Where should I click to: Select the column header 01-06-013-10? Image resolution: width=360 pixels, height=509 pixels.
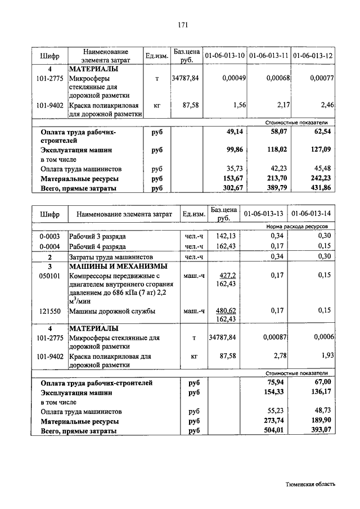(224, 56)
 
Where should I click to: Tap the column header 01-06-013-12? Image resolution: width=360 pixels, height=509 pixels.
(313, 56)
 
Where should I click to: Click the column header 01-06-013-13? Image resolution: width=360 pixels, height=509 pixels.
(263, 214)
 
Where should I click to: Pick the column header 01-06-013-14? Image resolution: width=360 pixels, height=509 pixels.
(311, 214)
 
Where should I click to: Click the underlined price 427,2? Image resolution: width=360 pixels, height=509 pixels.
(227, 276)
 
